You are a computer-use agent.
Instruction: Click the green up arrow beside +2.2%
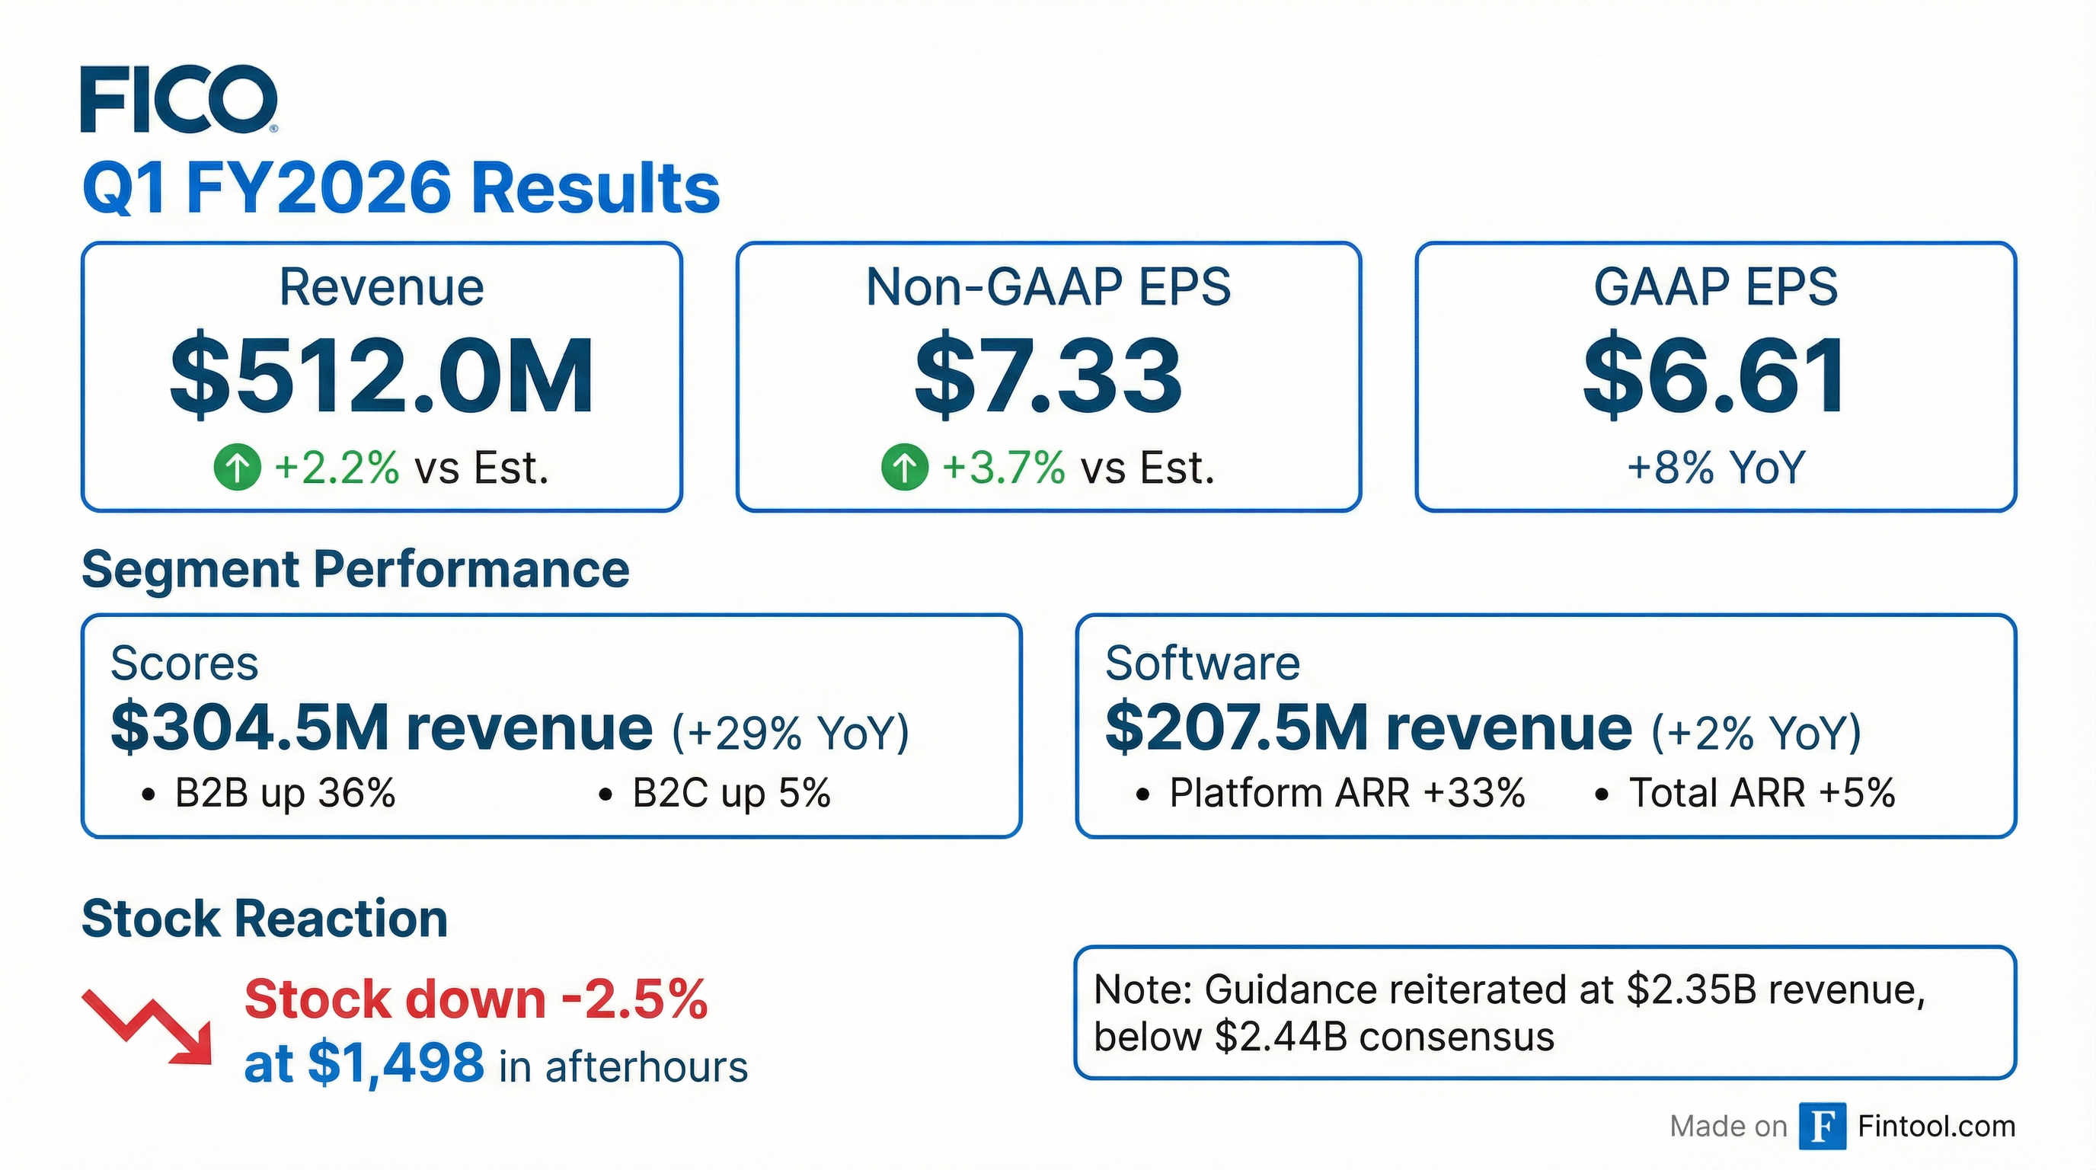coord(237,468)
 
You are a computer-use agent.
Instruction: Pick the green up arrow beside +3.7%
coord(904,468)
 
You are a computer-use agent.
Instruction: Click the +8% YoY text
coord(1715,468)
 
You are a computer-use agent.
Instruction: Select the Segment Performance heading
coord(356,569)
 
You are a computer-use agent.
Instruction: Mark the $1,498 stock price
coord(396,1063)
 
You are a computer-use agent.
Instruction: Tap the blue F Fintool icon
coord(1822,1127)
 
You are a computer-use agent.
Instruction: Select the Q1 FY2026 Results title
coord(401,188)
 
